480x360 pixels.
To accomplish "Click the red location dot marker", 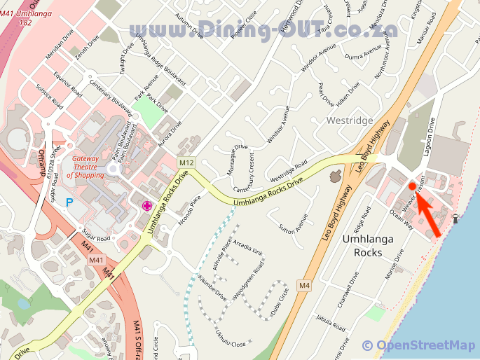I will tap(412, 186).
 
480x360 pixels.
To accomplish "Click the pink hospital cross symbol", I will tap(147, 205).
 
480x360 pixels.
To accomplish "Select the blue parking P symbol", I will tap(69, 202).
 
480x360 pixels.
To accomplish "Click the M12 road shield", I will tap(186, 163).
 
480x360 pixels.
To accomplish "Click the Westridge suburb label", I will tap(350, 120).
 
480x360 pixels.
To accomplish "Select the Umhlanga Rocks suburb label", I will tap(367, 245).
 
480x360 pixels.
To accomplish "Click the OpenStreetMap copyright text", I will tap(418, 345).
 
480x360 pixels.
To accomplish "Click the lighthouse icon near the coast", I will tap(456, 219).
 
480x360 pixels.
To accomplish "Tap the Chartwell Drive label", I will tap(348, 288).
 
